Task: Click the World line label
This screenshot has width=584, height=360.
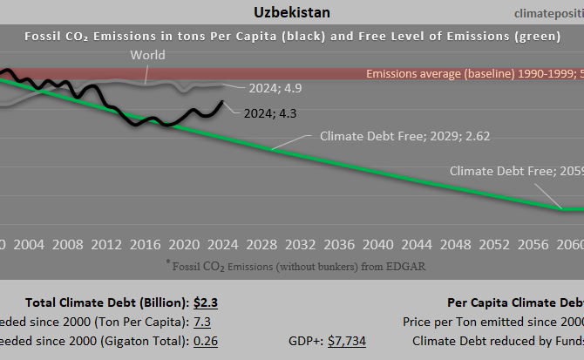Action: point(147,56)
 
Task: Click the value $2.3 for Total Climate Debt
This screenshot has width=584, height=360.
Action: point(205,302)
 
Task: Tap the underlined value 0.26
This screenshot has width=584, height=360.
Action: point(205,340)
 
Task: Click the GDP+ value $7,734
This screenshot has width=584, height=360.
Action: point(346,340)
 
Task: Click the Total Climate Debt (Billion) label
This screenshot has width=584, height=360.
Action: point(106,302)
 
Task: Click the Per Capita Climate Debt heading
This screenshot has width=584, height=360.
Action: point(514,302)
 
